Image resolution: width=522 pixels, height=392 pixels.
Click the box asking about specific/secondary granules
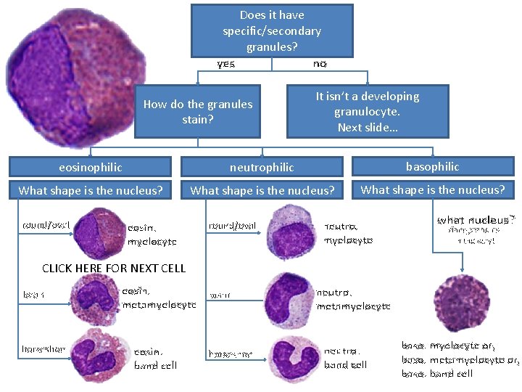point(272,30)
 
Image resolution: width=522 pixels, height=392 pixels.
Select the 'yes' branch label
point(226,64)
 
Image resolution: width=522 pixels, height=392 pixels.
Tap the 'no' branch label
point(320,64)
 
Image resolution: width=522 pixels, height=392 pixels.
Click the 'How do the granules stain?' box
point(197,111)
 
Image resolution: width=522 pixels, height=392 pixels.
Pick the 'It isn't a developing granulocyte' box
point(368,111)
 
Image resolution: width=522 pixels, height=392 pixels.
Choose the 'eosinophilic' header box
point(91,167)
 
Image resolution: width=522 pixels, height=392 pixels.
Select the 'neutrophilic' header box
point(262,167)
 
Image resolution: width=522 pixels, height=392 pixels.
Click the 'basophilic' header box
point(433,166)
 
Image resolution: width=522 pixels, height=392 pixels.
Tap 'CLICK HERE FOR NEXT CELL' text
point(114,268)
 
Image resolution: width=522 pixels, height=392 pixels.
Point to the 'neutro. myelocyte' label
point(349,232)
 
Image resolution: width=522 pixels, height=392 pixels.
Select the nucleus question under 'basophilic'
point(433,190)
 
